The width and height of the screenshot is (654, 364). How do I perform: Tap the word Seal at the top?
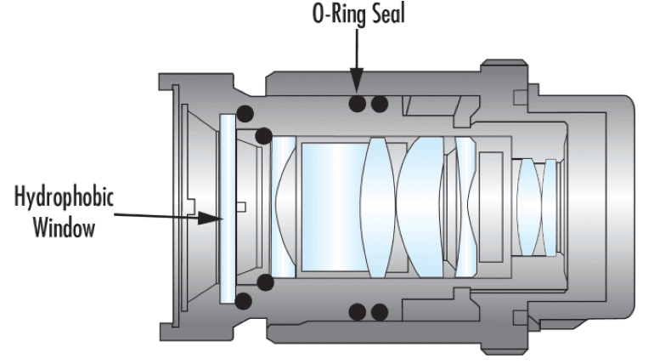point(388,14)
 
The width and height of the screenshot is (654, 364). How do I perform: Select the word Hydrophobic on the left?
point(64,196)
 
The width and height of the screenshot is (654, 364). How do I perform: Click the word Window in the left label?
point(64,228)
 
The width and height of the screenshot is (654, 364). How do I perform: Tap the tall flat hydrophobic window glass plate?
point(228,208)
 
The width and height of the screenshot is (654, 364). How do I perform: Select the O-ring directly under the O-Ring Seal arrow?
point(357,104)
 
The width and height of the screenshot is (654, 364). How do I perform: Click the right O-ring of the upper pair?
point(380,104)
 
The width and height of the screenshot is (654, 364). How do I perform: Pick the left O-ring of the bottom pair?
point(357,312)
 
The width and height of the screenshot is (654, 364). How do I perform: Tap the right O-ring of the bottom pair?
point(380,312)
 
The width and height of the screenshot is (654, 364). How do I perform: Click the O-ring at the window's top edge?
point(245,114)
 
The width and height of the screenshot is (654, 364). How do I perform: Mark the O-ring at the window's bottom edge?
point(244,301)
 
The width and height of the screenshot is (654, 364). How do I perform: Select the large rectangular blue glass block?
point(334,207)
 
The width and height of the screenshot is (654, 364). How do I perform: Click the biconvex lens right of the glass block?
point(378,208)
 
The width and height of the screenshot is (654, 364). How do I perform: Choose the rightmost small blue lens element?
point(550,208)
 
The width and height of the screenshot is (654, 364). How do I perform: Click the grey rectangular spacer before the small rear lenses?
point(491,207)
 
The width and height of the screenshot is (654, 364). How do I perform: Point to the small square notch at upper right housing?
point(521,97)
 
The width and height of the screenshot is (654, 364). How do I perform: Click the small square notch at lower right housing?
point(521,318)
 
